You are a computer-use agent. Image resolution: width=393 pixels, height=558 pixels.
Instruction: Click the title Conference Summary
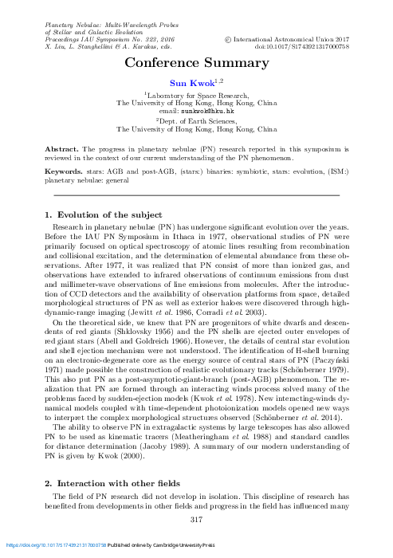(196, 62)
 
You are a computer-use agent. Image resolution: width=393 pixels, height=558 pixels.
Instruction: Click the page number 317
(196, 519)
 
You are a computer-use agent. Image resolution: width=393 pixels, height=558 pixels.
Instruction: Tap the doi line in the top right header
(304, 46)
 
